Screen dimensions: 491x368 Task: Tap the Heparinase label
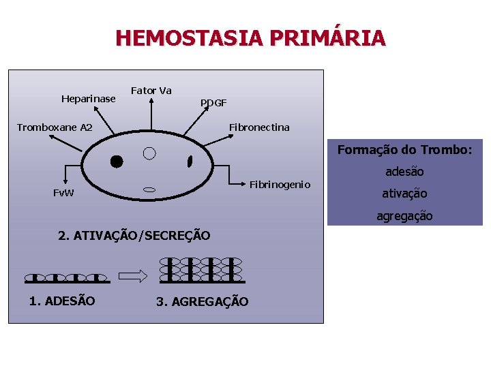(89, 99)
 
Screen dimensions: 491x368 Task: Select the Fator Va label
(151, 91)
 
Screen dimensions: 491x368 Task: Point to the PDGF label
(213, 103)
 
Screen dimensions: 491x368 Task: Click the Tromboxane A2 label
(55, 127)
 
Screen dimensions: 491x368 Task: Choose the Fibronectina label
(259, 127)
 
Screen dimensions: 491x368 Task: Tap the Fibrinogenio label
(280, 185)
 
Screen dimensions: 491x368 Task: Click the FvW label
(65, 193)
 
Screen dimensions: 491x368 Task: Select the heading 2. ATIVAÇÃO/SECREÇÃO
(134, 236)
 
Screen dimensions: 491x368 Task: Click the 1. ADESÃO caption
(62, 301)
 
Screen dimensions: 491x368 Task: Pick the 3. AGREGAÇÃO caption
(203, 301)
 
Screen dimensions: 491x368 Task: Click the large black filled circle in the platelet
(117, 162)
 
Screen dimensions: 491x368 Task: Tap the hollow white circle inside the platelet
(150, 153)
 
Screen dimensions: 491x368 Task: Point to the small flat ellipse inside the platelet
(150, 189)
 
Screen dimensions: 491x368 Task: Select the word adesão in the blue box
(405, 172)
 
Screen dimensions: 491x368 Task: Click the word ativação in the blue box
(404, 194)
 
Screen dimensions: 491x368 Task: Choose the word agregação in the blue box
(404, 215)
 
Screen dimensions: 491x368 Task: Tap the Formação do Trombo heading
(404, 150)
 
